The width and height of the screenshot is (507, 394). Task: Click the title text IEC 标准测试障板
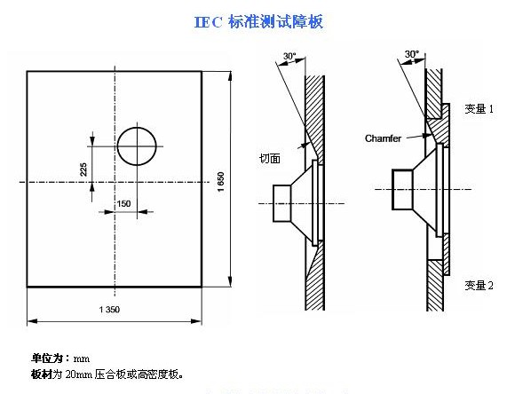[258, 22]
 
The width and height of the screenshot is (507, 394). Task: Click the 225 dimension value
[83, 169]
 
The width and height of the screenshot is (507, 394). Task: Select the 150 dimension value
[123, 203]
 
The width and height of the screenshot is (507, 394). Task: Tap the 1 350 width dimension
[109, 310]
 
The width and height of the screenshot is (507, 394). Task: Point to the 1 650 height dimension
[221, 182]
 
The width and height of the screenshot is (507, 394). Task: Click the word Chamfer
[383, 138]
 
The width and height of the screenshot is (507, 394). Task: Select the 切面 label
[270, 158]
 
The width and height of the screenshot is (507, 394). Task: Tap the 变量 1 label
[479, 109]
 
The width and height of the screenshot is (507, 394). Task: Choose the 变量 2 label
[479, 286]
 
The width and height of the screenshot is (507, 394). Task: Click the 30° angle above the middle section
[289, 56]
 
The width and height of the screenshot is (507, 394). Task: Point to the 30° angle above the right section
[412, 54]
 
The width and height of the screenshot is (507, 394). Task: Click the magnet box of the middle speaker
[282, 203]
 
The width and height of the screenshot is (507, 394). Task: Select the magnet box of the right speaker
[402, 190]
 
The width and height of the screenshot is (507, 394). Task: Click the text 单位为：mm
[60, 359]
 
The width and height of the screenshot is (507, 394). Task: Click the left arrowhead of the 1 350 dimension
[32, 321]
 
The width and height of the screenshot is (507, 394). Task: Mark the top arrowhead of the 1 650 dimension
[230, 76]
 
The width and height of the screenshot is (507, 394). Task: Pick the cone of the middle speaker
[302, 203]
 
